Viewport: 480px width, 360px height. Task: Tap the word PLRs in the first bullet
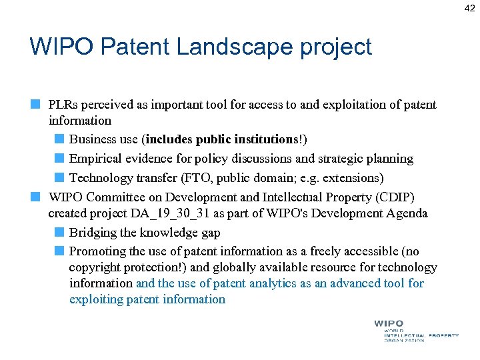(x=65, y=105)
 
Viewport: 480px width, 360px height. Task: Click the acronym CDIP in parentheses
(x=395, y=198)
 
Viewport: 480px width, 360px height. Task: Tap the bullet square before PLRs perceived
(x=35, y=104)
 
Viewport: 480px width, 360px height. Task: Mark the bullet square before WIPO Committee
(x=35, y=197)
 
